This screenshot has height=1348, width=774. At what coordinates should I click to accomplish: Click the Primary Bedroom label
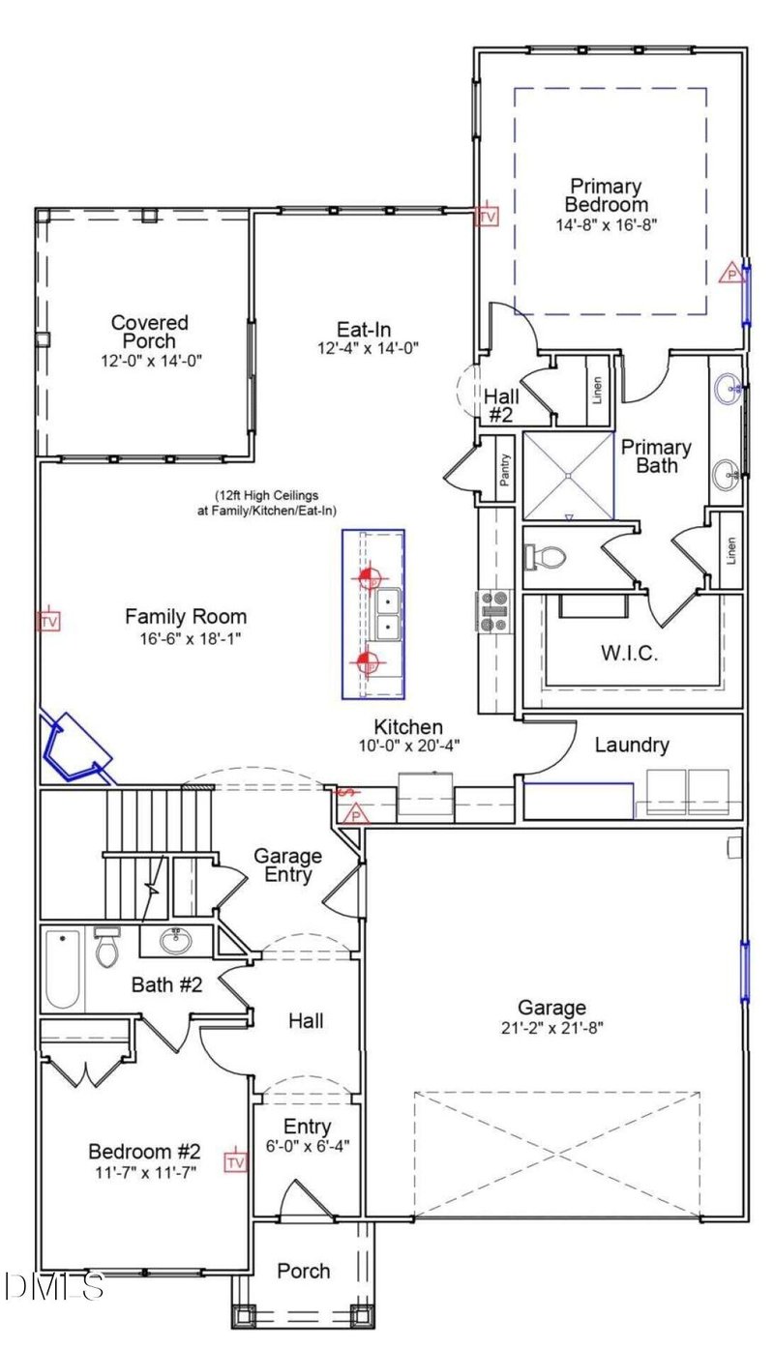coord(606,195)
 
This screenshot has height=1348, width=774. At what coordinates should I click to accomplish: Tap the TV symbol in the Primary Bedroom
coord(488,217)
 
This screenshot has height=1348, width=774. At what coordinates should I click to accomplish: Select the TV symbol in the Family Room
coord(48,621)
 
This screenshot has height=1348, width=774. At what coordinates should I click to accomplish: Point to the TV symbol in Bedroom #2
coord(235,1160)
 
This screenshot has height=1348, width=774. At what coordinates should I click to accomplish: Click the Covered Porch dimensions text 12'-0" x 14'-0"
coord(149,360)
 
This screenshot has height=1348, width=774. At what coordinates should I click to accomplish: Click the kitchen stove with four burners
coord(491,611)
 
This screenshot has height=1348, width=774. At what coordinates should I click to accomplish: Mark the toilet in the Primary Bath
coord(548,558)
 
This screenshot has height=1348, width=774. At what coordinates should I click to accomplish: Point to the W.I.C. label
coord(629,654)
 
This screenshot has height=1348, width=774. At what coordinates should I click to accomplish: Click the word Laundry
coord(631,745)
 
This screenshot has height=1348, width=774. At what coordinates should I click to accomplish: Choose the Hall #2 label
coord(501,404)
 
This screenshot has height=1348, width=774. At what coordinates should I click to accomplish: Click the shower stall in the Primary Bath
coord(569,476)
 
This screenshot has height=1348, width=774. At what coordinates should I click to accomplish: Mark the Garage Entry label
coord(287,865)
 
